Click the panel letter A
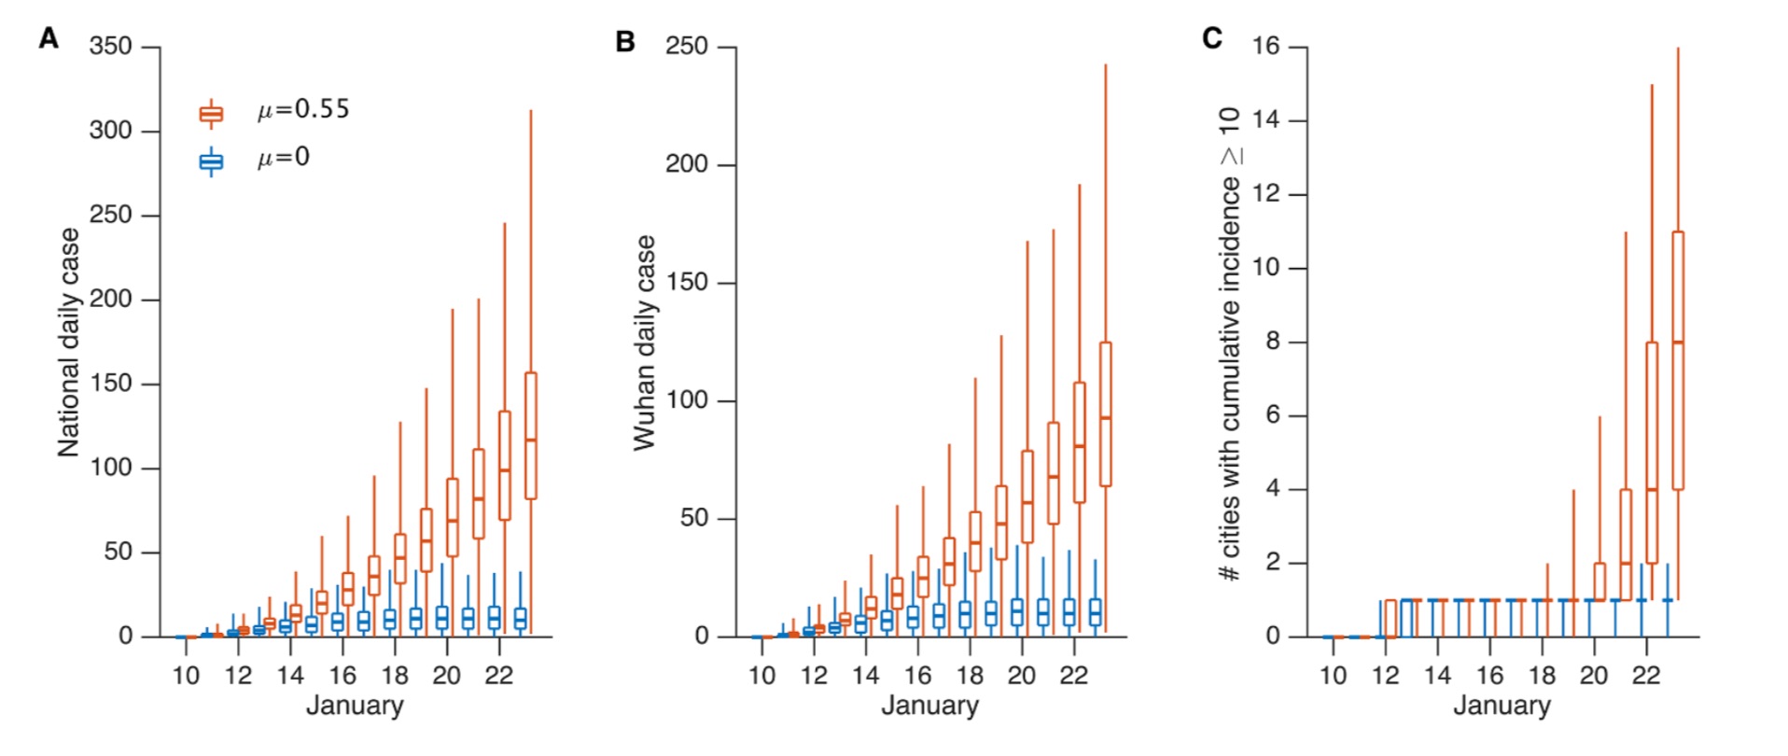pyautogui.click(x=49, y=39)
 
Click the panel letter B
pyautogui.click(x=625, y=42)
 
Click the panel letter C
pyautogui.click(x=1212, y=38)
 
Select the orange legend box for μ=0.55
pyautogui.click(x=212, y=114)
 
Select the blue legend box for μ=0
pyautogui.click(x=212, y=162)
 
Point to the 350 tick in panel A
pyautogui.click(x=110, y=47)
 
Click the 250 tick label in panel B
pyautogui.click(x=686, y=47)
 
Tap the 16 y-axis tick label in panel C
pyautogui.click(x=1265, y=47)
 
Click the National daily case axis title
pyautogui.click(x=68, y=343)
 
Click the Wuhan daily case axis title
pyautogui.click(x=644, y=343)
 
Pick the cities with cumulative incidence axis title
pyautogui.click(x=1231, y=343)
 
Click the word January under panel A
pyautogui.click(x=355, y=706)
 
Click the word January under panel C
pyautogui.click(x=1502, y=706)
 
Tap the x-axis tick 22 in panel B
pyautogui.click(x=1073, y=675)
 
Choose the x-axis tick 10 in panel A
pyautogui.click(x=186, y=675)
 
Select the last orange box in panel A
pyautogui.click(x=530, y=435)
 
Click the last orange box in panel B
pyautogui.click(x=1105, y=413)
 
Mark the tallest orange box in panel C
pyautogui.click(x=1677, y=359)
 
